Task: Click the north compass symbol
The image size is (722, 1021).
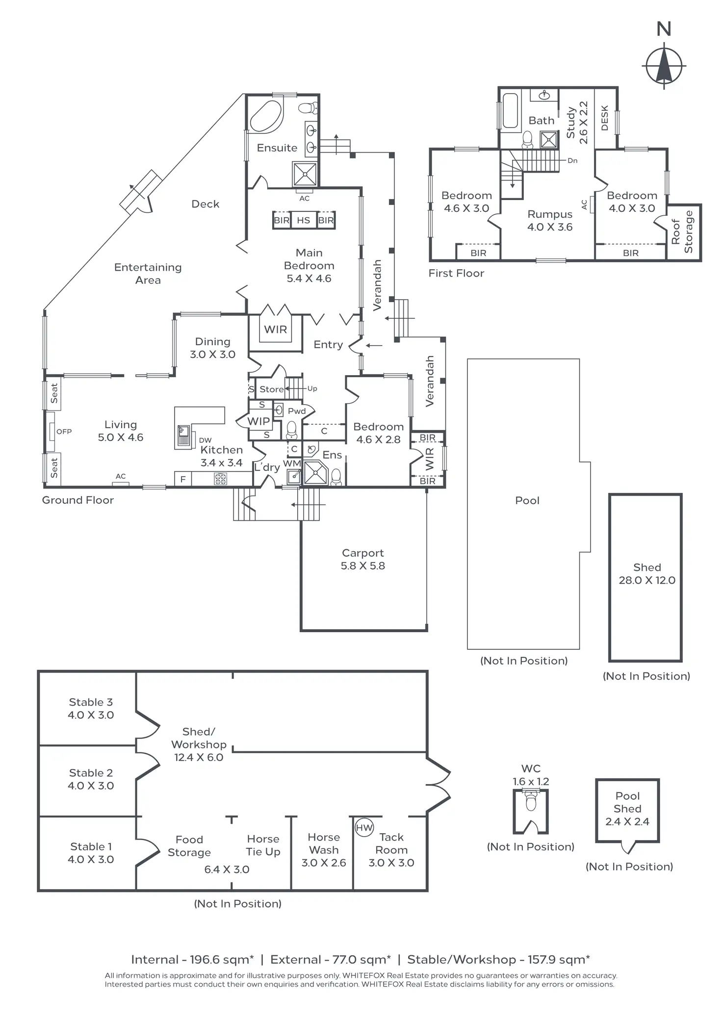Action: (664, 66)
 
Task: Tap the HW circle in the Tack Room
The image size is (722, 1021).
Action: (364, 828)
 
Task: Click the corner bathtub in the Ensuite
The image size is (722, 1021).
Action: (266, 115)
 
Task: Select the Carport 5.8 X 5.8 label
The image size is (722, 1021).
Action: (363, 559)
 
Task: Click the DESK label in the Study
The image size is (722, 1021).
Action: (605, 118)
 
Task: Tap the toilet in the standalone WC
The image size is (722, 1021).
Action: (531, 801)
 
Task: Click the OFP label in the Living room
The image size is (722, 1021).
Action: (64, 432)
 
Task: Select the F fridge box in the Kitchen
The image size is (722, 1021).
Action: (183, 479)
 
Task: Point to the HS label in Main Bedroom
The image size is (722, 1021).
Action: (304, 220)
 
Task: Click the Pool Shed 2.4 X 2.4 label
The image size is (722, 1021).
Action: (627, 809)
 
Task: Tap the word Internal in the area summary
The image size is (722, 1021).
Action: (155, 960)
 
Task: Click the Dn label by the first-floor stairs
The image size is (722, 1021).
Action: (572, 160)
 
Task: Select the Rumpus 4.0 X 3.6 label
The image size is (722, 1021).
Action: (550, 221)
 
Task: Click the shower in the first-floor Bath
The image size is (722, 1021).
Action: (549, 140)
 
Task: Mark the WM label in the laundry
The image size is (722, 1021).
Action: (292, 463)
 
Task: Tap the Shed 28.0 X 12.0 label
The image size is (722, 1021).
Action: (647, 574)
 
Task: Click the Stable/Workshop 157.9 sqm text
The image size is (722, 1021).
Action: (499, 960)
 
